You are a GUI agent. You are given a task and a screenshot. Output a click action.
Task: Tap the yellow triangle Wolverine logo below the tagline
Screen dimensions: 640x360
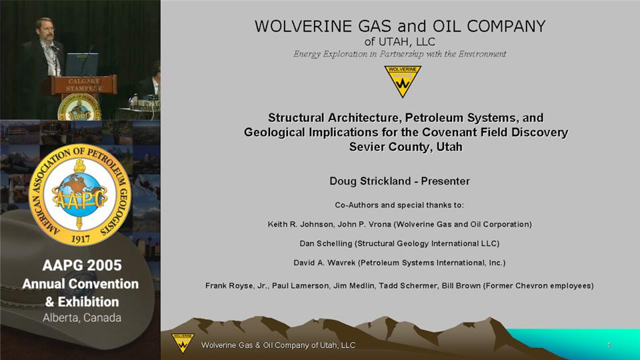tap(403, 81)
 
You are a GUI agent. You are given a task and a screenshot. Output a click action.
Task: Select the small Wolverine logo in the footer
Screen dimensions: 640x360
tap(183, 343)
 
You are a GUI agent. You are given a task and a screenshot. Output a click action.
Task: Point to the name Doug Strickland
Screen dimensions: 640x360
tap(369, 181)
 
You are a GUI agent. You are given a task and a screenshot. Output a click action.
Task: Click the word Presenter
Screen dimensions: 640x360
tap(445, 181)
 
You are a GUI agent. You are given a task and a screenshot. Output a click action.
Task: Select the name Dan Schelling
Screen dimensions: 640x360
tap(326, 244)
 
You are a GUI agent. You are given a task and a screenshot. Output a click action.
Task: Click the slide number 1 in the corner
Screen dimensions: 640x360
tap(609, 345)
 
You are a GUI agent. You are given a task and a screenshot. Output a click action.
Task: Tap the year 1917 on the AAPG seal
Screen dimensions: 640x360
tap(81, 239)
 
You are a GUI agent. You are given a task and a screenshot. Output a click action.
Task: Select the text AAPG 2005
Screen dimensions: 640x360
tap(82, 265)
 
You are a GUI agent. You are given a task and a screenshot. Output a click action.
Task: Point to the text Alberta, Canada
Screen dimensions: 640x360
tap(82, 317)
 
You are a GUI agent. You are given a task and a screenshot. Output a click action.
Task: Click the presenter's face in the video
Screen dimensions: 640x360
tap(45, 29)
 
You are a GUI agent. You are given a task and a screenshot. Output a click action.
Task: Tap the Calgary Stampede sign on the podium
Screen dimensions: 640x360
tap(84, 85)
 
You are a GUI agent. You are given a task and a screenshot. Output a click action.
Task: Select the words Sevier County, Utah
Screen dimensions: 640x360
tap(406, 147)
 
